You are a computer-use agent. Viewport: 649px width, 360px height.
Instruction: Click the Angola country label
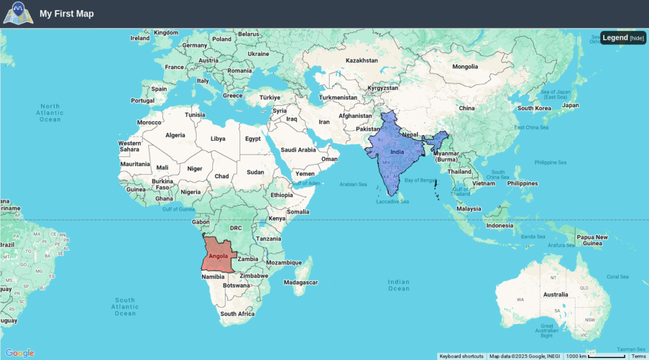point(218,256)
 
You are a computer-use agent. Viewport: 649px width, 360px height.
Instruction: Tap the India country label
point(397,152)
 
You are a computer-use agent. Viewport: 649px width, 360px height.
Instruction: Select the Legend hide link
point(636,38)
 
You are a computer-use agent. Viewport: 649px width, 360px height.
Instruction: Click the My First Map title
point(67,13)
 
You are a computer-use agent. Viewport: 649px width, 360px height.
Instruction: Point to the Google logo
point(20,353)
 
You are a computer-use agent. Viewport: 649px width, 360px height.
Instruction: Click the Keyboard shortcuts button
point(461,356)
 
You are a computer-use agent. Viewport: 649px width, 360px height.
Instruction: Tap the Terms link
point(638,356)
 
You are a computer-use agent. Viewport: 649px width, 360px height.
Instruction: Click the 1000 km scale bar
point(595,356)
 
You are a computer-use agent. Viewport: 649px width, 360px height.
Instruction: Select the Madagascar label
point(300,283)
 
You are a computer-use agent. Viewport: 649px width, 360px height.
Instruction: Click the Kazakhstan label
point(361,61)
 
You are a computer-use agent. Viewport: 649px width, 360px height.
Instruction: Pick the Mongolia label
point(465,67)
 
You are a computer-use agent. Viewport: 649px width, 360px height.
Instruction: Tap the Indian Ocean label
point(399,285)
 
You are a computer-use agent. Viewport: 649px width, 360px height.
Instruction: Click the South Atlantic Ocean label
point(125,307)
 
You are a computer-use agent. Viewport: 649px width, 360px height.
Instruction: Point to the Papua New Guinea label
point(592,240)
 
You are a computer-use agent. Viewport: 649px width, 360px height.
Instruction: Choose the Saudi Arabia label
point(298,150)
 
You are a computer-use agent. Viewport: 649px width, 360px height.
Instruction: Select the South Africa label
point(237,314)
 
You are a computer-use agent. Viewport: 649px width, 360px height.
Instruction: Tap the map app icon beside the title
point(18,13)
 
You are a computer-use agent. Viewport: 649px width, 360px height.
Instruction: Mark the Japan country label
point(570,105)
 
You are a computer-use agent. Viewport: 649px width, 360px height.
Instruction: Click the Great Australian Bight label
point(546,330)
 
